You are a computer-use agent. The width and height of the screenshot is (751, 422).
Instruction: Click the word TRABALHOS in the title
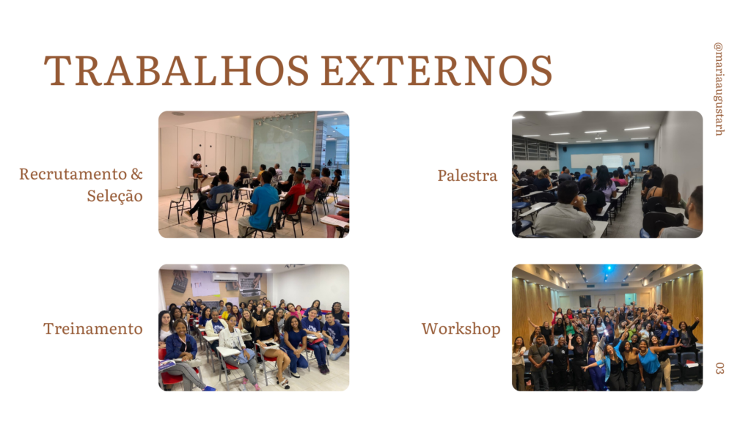pos(176,70)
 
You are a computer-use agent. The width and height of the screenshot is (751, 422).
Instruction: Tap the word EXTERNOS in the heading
pos(437,70)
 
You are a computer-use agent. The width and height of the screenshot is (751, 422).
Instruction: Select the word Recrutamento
pos(73,174)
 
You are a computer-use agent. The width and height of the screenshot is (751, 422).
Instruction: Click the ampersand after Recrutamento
pos(137,174)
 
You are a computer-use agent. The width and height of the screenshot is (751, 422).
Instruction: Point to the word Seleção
pos(115,196)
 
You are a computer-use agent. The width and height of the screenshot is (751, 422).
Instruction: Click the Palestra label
pos(467,176)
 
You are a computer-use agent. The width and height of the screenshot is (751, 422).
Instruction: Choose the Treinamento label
pos(93,329)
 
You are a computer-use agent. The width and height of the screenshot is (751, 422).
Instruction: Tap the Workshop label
pos(461,329)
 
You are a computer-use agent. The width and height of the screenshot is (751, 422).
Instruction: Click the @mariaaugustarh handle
pos(719,89)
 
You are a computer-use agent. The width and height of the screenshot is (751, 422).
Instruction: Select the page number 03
pos(719,368)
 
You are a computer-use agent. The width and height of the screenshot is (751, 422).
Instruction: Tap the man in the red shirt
pos(295,193)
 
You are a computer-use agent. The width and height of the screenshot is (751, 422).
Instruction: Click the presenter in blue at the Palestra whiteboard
pos(632,165)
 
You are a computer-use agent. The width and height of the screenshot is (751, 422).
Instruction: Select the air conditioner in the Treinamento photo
pos(224,277)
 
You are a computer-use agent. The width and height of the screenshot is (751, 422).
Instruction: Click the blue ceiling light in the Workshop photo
pos(609,268)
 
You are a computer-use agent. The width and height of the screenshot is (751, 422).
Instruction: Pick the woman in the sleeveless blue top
pos(650,363)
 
